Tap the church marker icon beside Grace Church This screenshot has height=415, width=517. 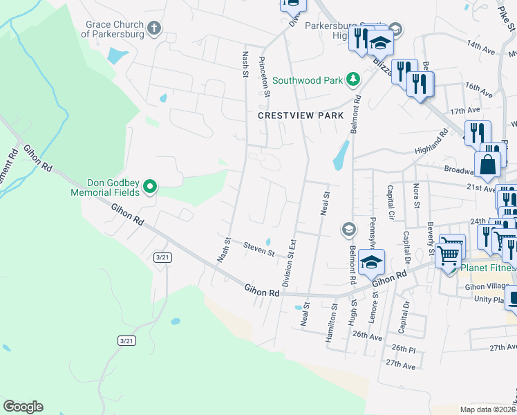click(x=153, y=29)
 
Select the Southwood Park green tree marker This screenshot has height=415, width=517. click(x=353, y=80)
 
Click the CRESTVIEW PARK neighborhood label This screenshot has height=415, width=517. click(x=301, y=116)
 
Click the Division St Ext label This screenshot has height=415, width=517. click(x=289, y=264)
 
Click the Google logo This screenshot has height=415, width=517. click(x=23, y=407)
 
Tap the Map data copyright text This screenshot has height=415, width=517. click(x=486, y=409)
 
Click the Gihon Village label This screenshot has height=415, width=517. click(x=488, y=286)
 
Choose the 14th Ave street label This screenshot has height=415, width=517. click(x=482, y=47)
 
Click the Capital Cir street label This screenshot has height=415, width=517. click(x=391, y=200)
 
